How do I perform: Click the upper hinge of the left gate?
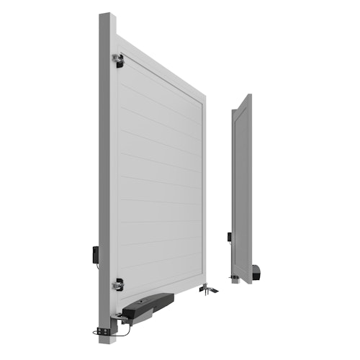point(117,60)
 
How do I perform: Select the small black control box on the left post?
point(96,254)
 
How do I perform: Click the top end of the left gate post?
point(107,16)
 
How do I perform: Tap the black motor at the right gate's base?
point(257,274)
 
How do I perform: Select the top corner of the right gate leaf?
point(248,95)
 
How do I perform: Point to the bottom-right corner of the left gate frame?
point(204,282)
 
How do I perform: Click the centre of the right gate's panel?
point(243,191)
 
